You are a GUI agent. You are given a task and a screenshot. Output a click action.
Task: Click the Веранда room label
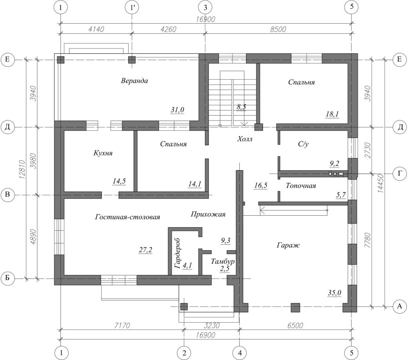coord(134,81)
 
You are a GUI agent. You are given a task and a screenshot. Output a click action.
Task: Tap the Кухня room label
coord(103,153)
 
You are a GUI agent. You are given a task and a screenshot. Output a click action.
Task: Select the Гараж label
coord(288,245)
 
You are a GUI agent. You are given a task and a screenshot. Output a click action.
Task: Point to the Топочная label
coord(301,186)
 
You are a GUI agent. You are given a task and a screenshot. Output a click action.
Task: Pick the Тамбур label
coord(222,262)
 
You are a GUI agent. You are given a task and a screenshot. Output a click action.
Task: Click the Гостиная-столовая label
coord(127,217)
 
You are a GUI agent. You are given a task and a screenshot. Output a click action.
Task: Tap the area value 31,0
coord(177,110)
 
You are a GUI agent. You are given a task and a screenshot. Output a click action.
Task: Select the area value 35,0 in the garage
coord(334,293)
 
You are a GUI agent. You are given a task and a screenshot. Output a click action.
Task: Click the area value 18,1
coord(332,114)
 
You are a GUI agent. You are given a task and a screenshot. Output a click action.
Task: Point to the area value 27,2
coord(146,250)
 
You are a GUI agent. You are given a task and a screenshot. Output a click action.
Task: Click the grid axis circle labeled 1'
coord(132,7)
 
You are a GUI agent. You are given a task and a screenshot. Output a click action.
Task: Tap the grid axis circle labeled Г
coord(400,173)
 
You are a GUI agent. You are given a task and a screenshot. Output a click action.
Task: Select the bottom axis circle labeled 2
coord(184,353)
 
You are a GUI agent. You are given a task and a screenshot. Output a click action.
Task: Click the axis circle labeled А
coord(399,306)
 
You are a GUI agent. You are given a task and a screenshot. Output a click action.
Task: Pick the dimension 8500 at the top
coord(278,29)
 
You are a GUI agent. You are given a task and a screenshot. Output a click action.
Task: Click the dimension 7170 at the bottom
coord(122,325)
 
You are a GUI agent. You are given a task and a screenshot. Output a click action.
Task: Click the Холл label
coord(245,139)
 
